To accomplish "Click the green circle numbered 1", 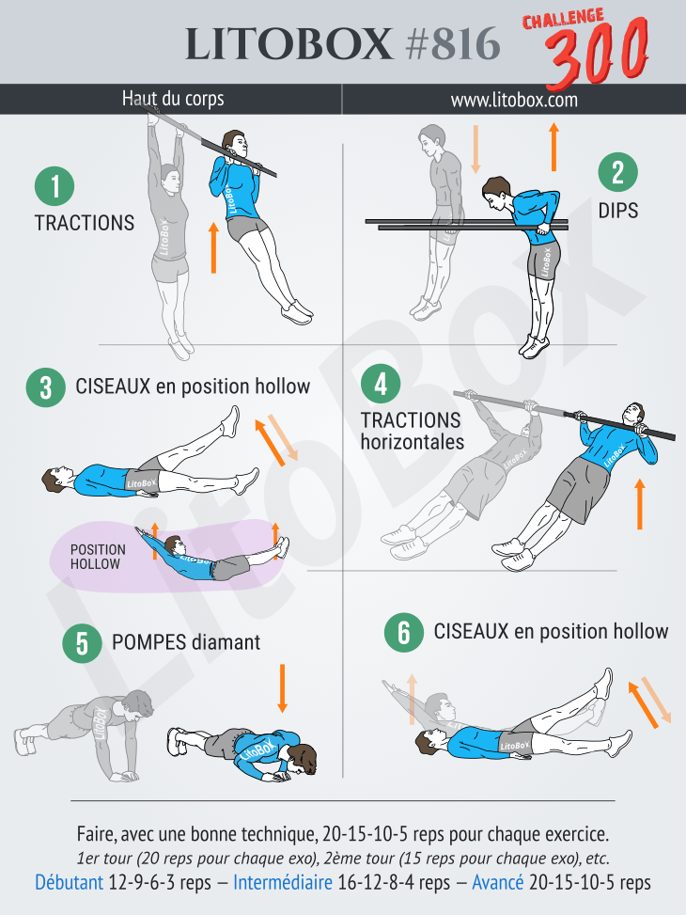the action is point(55,186).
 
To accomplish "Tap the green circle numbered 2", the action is point(617,172).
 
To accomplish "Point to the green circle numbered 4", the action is point(381,384).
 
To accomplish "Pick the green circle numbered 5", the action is point(83,643).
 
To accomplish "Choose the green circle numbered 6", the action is point(404,633).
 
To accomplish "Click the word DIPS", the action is point(617,211).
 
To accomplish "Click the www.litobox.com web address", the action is point(514,100).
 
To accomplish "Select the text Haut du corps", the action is point(173,99).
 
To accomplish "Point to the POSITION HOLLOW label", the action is point(98,557).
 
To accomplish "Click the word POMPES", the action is point(148,642).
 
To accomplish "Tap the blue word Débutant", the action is point(69,882).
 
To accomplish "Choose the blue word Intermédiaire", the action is point(283,882).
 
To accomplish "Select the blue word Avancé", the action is point(497,882).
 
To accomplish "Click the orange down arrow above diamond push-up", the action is point(282,688).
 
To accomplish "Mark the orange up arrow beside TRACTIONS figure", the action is point(213,247).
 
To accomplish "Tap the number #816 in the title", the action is point(453,44).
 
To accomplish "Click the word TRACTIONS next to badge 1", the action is point(85,223).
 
